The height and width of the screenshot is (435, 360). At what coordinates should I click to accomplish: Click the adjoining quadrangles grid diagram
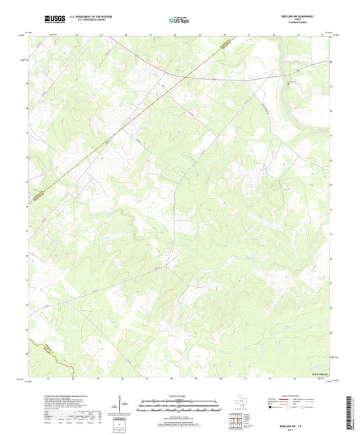(x=236, y=421)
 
